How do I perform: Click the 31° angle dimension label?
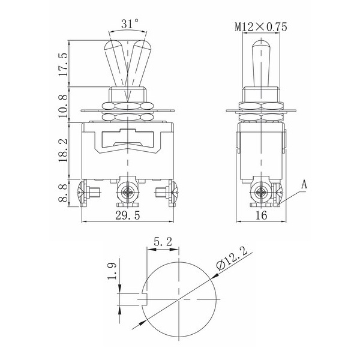click(x=130, y=23)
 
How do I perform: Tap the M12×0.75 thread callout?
click(x=261, y=27)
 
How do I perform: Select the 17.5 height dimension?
click(x=63, y=65)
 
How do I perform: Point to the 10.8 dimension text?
click(x=63, y=106)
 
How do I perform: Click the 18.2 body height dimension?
click(x=63, y=151)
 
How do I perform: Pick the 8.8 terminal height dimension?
click(x=63, y=193)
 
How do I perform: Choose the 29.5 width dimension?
click(x=128, y=215)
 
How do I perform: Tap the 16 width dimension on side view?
click(x=261, y=215)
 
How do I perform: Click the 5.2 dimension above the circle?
click(x=163, y=242)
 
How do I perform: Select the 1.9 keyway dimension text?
click(x=112, y=271)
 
